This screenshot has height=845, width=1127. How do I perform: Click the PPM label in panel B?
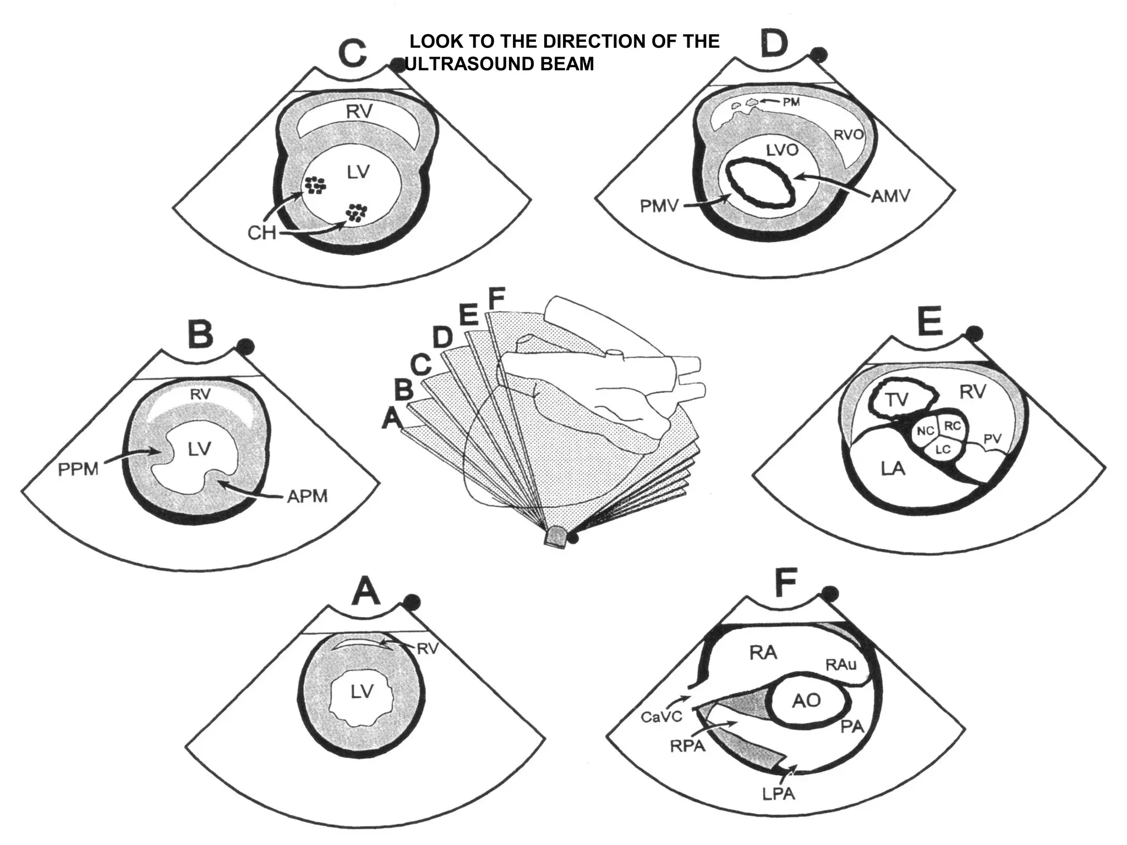[78, 470]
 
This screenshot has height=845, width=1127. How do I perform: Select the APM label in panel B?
[307, 496]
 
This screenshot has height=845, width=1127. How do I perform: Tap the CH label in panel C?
[261, 233]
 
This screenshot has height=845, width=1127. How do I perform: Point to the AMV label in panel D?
[891, 196]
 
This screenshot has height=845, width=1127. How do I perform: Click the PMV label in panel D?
[659, 206]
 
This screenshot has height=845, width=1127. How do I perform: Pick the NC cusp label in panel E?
[926, 432]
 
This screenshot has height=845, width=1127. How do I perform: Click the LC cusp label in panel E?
[943, 449]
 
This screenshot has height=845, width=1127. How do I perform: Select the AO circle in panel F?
[807, 700]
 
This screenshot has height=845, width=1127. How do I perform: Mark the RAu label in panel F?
[841, 665]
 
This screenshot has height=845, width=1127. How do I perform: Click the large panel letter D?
[774, 43]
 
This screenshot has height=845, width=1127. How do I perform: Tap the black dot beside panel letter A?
[412, 602]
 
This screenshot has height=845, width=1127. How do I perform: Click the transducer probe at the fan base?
[556, 536]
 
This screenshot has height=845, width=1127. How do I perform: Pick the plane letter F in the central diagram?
[496, 299]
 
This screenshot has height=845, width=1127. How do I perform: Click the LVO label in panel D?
[782, 150]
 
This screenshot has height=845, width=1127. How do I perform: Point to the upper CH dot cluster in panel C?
[316, 185]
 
